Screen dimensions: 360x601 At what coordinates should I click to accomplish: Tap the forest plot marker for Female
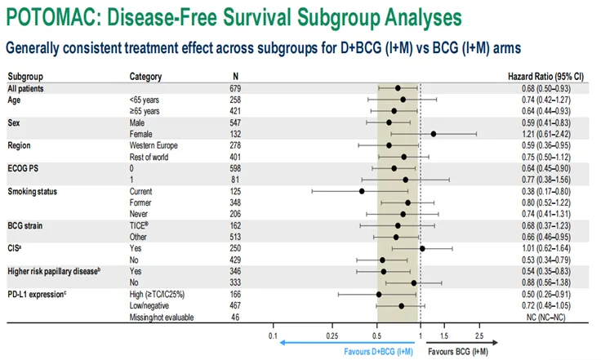pyautogui.click(x=434, y=133)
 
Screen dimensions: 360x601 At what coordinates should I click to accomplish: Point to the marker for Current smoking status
pyautogui.click(x=361, y=191)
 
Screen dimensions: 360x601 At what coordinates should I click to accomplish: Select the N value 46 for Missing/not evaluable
pyautogui.click(x=236, y=317)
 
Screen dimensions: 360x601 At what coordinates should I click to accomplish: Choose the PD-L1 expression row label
pyautogui.click(x=39, y=294)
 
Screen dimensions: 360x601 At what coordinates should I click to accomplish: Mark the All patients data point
pyautogui.click(x=398, y=87)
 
